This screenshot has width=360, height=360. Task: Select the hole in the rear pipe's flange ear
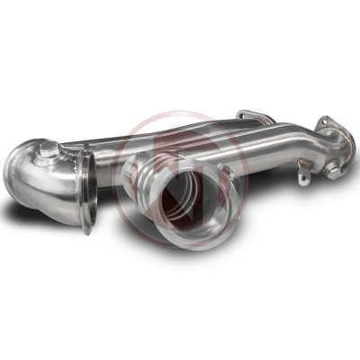(244, 115)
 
